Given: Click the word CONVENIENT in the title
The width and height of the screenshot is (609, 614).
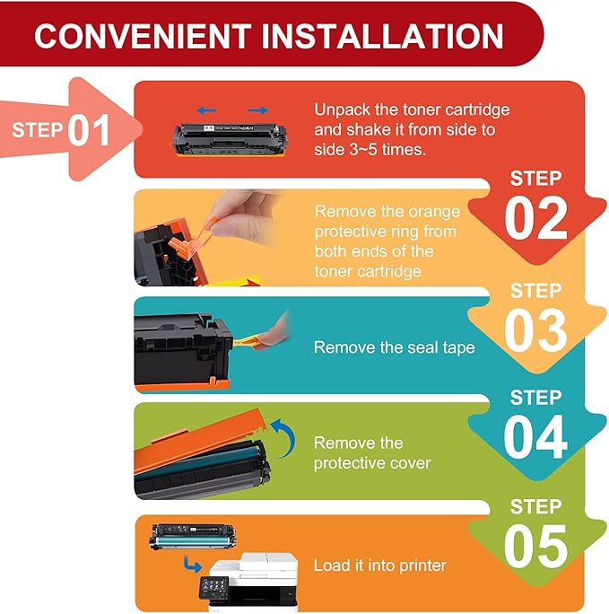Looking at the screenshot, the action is tap(143, 36).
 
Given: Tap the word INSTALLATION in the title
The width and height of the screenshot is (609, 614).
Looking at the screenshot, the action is tap(382, 36).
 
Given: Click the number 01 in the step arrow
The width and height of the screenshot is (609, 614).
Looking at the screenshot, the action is tap(89, 130).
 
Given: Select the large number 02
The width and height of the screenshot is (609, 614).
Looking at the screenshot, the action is tap(535, 218).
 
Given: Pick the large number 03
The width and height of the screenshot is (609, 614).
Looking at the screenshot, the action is tap(535, 330).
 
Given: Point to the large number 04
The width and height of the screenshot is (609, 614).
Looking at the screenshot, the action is tap(535, 437).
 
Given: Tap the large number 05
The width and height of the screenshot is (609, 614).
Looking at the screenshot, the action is tap(535, 546).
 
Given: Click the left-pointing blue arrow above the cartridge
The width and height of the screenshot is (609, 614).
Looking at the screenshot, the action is tap(206, 110).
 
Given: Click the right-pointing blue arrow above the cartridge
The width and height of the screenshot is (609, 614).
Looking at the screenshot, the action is tap(258, 110).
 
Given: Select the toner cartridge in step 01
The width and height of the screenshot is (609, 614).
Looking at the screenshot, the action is tap(230, 140).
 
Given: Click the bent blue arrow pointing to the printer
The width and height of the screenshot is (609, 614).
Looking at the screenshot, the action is tap(193, 564).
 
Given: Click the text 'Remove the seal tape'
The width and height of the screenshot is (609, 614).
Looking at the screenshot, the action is tap(395, 347).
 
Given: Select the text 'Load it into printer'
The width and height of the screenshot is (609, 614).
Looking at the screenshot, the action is tap(379, 566).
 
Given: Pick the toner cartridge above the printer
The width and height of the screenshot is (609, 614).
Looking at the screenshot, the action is tap(193, 537).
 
